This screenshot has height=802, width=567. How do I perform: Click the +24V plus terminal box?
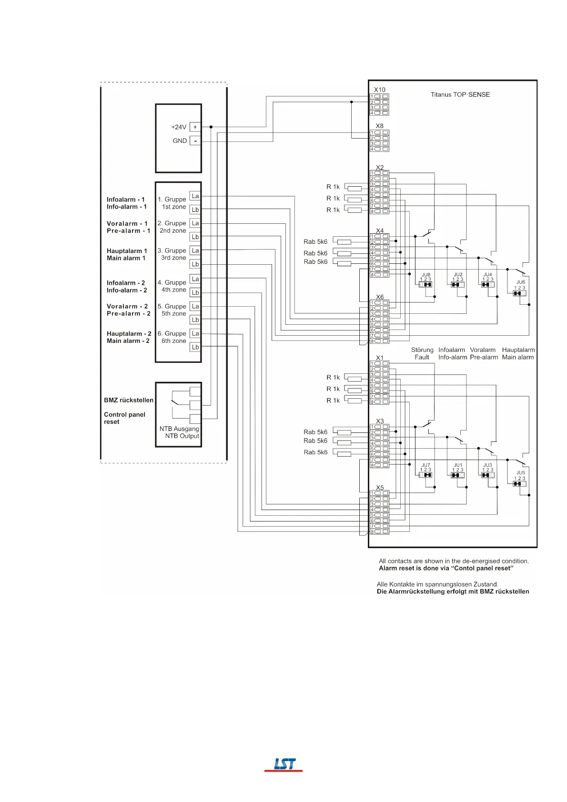click(195, 127)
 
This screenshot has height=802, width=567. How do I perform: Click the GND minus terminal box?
click(195, 141)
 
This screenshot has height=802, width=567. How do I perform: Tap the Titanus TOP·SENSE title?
click(460, 95)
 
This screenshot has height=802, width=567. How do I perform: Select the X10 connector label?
click(379, 90)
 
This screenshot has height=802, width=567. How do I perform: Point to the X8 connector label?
click(379, 126)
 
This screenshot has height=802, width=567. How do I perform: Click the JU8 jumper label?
click(425, 275)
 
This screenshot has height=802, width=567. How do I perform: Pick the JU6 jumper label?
click(520, 282)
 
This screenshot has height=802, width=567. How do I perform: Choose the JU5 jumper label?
click(520, 473)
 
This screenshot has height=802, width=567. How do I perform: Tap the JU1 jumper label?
click(457, 465)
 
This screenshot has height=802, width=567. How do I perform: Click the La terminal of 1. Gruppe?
click(195, 196)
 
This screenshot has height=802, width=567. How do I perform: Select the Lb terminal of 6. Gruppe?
click(195, 347)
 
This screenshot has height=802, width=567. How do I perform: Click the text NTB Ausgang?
click(179, 429)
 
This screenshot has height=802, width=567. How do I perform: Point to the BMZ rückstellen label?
click(129, 400)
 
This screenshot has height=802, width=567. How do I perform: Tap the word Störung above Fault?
click(422, 350)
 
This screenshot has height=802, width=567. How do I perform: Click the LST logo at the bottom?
click(284, 764)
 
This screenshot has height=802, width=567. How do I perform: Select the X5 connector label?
click(379, 488)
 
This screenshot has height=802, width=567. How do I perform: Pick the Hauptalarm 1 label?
click(127, 251)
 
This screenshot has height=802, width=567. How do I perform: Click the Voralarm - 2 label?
click(127, 306)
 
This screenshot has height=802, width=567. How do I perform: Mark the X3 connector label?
click(379, 421)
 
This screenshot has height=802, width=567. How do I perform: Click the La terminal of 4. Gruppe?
click(195, 279)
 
